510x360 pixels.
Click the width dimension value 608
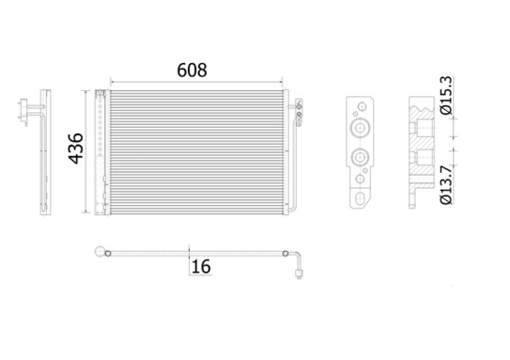point(190,69)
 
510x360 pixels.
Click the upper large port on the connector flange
point(361,127)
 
